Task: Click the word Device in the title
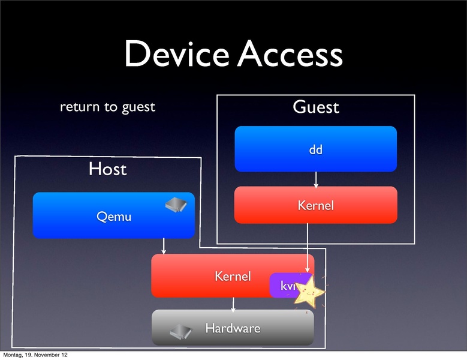[177, 55]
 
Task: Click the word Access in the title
[290, 55]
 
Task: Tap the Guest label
[315, 107]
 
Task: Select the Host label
[108, 169]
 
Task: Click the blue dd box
[315, 149]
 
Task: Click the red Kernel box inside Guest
[315, 205]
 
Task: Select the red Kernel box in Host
[210, 276]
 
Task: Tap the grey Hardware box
[233, 328]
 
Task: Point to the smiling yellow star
[308, 290]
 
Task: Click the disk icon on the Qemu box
[177, 205]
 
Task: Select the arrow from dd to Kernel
[315, 179]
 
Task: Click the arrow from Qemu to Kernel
[164, 246]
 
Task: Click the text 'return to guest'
[107, 107]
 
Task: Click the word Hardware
[233, 328]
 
